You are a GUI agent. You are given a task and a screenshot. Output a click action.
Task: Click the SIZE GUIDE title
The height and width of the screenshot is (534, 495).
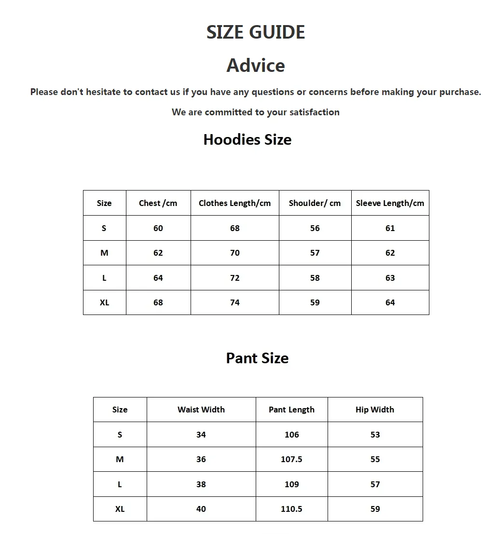click(256, 32)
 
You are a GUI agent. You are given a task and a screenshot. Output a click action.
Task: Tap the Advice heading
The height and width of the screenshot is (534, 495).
click(256, 66)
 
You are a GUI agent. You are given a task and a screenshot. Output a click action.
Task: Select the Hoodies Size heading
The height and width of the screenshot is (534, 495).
click(247, 140)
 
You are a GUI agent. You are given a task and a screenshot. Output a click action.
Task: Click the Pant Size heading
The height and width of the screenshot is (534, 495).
click(257, 358)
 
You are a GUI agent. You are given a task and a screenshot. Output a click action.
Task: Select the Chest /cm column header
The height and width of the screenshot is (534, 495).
click(158, 203)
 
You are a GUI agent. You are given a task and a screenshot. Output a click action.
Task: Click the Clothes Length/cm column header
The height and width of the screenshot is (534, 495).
click(234, 203)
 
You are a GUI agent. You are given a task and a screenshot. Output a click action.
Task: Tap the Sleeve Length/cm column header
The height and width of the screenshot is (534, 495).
click(390, 203)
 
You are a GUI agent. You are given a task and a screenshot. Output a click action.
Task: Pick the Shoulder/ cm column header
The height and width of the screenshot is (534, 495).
click(315, 203)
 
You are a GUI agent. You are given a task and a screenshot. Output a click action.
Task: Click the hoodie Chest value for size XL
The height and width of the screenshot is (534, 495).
click(158, 302)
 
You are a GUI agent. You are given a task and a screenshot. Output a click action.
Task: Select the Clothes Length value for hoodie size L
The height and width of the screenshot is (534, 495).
click(234, 278)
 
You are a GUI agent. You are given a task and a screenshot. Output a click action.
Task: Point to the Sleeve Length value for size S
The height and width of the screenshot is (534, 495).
click(390, 228)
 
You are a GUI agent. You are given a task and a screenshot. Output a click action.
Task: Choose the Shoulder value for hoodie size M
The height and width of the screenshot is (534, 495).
click(315, 253)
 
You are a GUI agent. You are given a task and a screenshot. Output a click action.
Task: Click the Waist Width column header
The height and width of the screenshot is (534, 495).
click(201, 410)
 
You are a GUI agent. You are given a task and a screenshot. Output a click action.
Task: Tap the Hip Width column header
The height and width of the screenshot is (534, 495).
click(375, 410)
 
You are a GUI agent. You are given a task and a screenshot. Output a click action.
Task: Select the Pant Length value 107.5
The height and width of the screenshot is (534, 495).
click(291, 459)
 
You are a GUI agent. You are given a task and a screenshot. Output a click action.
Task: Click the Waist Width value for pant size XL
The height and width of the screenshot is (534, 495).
click(201, 509)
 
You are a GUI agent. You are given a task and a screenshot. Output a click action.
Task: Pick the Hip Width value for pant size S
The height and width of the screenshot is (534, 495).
click(375, 435)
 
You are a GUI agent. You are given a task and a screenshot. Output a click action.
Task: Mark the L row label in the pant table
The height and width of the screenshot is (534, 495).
click(120, 484)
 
